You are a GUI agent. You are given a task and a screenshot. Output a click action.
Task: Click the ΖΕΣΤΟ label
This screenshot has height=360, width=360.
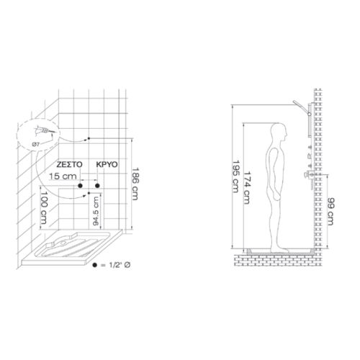point(69,164)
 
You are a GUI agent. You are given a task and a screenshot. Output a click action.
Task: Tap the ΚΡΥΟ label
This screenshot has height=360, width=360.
point(107,164)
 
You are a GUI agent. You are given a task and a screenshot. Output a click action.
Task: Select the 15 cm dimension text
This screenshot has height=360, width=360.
point(63,176)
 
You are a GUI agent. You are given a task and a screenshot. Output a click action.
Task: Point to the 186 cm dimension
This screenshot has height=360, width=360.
point(135,184)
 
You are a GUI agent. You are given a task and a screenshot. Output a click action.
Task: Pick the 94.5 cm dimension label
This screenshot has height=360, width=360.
point(96,211)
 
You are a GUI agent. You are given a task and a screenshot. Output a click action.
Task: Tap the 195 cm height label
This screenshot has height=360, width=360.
point(235,176)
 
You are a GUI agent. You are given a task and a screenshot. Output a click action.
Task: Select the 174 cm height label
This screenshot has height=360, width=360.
point(247,187)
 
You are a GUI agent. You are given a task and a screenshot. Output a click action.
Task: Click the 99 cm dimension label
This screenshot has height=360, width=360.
point(330,212)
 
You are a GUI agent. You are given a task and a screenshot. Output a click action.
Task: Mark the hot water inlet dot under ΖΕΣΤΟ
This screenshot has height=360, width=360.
point(80,186)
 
